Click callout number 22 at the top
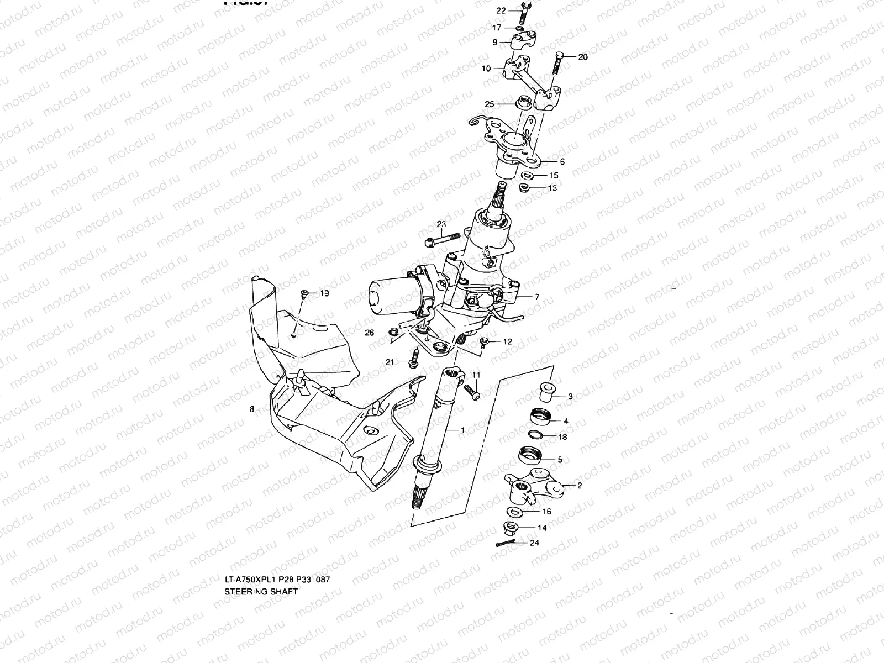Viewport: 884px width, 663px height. (501, 11)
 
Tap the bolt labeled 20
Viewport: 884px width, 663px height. (556, 67)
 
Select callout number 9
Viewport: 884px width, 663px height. (495, 42)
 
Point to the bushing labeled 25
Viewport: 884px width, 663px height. (522, 103)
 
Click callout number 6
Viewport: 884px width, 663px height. (562, 162)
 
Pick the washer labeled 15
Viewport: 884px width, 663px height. (527, 176)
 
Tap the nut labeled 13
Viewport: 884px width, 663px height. (524, 188)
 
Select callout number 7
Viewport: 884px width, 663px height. (536, 297)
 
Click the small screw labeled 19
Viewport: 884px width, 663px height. (304, 294)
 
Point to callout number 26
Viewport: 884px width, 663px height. (370, 332)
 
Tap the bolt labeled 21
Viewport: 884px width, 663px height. (412, 360)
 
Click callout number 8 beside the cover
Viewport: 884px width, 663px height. (252, 409)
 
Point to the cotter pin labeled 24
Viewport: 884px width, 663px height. (507, 544)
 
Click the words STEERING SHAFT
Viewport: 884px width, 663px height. (261, 591)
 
